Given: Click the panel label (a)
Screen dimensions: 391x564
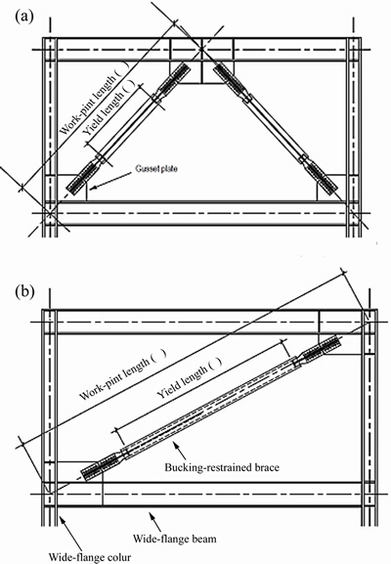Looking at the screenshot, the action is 24,17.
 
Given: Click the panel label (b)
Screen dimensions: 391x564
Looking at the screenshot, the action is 24,291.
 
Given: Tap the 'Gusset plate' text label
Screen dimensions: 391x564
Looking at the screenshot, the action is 156,168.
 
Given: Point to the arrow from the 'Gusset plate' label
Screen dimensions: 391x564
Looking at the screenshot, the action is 109,180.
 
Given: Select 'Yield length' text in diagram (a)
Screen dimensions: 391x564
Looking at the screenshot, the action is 109,108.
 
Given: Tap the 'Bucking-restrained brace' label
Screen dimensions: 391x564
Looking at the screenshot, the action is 222,467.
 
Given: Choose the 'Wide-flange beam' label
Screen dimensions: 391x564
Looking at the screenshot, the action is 175,539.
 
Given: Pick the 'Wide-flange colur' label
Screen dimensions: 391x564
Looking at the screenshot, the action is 90,557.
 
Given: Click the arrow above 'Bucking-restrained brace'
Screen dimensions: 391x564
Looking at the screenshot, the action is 180,450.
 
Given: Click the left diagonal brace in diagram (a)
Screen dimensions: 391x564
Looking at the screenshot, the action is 128,129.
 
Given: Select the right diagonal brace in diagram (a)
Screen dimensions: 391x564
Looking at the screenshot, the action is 276,128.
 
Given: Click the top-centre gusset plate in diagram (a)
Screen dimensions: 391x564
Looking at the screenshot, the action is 201,72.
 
